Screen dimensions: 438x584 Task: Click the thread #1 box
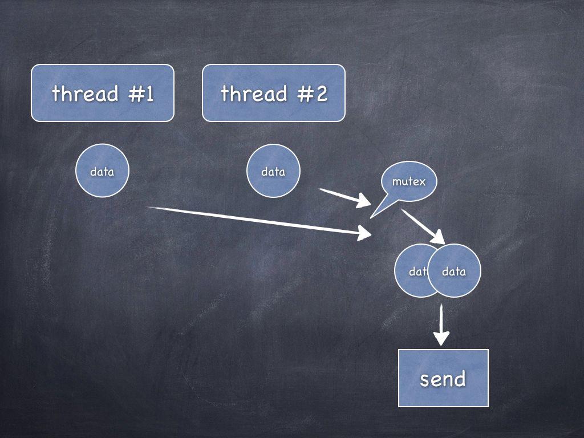pyautogui.click(x=102, y=93)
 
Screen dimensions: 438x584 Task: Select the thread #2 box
pyautogui.click(x=273, y=93)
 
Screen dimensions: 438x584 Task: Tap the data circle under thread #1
pyautogui.click(x=103, y=171)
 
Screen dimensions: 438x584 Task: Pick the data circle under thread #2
pyautogui.click(x=273, y=171)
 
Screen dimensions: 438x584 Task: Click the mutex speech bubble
pyautogui.click(x=409, y=181)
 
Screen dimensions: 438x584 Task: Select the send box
pyautogui.click(x=443, y=378)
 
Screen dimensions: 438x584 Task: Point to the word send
pyautogui.click(x=443, y=379)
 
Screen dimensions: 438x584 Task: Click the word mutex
pyautogui.click(x=409, y=181)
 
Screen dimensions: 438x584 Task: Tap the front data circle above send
pyautogui.click(x=455, y=271)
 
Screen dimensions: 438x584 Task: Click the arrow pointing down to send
pyautogui.click(x=441, y=325)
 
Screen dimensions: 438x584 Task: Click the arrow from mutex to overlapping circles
pyautogui.click(x=423, y=226)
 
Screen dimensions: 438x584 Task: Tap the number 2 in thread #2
pyautogui.click(x=321, y=94)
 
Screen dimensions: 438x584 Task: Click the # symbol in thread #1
pyautogui.click(x=135, y=94)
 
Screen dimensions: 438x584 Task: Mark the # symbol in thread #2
pyautogui.click(x=305, y=94)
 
